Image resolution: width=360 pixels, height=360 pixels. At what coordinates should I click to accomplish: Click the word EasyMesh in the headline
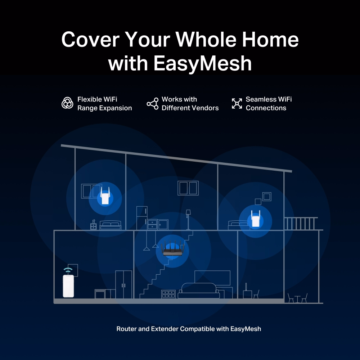pyautogui.click(x=202, y=63)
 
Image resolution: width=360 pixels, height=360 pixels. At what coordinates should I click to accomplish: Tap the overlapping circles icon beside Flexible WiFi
pyautogui.click(x=67, y=103)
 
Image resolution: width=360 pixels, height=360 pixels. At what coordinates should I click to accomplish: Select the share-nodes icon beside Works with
pyautogui.click(x=153, y=104)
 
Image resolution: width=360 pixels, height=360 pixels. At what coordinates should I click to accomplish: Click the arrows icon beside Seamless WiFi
pyautogui.click(x=237, y=103)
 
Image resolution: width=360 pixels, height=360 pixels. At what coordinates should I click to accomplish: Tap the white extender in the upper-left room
pyautogui.click(x=105, y=195)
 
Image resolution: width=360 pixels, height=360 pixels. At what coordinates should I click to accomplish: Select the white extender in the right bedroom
pyautogui.click(x=256, y=219)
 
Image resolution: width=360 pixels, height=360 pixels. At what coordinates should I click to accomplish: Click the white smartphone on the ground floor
pyautogui.click(x=68, y=286)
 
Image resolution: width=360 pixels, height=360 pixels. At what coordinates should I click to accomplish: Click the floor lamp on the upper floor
pyautogui.click(x=188, y=220)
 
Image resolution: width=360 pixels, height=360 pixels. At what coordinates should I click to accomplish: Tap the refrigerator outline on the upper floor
pyautogui.click(x=141, y=218)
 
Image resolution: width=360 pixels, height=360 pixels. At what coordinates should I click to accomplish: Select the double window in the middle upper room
pyautogui.click(x=188, y=188)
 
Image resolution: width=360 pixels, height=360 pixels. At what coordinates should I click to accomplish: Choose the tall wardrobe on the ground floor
pyautogui.click(x=123, y=284)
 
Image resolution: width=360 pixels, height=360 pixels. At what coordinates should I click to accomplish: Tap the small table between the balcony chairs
pyautogui.click(x=297, y=299)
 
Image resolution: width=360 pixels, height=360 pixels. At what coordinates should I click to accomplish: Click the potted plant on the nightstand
pyautogui.click(x=94, y=221)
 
